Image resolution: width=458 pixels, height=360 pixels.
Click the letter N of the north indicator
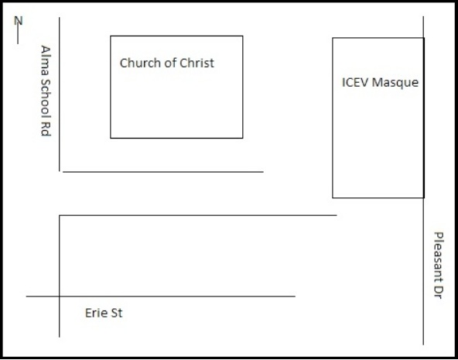pyautogui.click(x=18, y=21)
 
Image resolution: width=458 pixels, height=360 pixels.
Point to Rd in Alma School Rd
pyautogui.click(x=46, y=130)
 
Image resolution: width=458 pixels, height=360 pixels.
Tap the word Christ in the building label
pyautogui.click(x=197, y=63)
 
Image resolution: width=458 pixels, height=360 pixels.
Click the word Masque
pyautogui.click(x=395, y=83)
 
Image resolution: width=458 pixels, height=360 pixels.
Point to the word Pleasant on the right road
pyautogui.click(x=439, y=256)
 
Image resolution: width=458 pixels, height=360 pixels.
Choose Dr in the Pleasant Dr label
pyautogui.click(x=439, y=292)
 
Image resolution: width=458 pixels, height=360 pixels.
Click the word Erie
pyautogui.click(x=94, y=313)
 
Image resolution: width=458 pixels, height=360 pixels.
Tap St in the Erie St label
pyautogui.click(x=116, y=313)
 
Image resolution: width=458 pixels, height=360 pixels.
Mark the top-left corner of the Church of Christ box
pyautogui.click(x=111, y=36)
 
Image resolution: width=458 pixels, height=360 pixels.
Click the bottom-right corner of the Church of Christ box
pyautogui.click(x=243, y=138)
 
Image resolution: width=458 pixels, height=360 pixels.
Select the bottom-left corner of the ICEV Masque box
pyautogui.click(x=333, y=198)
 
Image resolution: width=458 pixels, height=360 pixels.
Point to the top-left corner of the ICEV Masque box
pyautogui.click(x=333, y=38)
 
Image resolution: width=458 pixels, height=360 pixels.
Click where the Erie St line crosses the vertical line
pyautogui.click(x=60, y=297)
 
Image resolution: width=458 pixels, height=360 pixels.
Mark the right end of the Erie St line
pyautogui.click(x=295, y=297)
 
